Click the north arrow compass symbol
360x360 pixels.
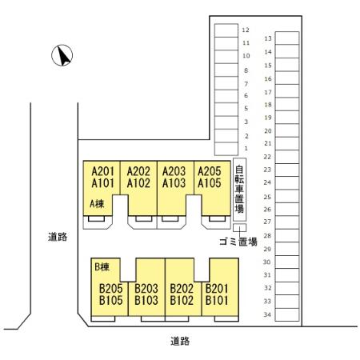point(62,55)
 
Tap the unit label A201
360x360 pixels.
point(102,171)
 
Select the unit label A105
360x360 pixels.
point(210,183)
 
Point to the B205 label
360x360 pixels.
point(111,289)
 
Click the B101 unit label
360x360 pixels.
point(217,301)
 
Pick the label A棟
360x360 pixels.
point(97,204)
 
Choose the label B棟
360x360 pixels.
point(102,266)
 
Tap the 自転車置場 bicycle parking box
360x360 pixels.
point(239,190)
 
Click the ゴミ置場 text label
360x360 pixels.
point(238,242)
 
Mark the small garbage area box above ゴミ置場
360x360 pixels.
point(239,228)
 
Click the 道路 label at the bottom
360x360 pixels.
point(180,341)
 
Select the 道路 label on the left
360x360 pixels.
point(58,237)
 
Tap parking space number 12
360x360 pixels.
point(246,30)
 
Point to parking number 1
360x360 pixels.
point(246,148)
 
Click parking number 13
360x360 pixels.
point(268,38)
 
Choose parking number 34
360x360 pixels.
point(267,314)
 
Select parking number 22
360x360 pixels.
point(267,157)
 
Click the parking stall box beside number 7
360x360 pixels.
point(226,83)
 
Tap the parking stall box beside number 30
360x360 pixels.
point(287,262)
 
